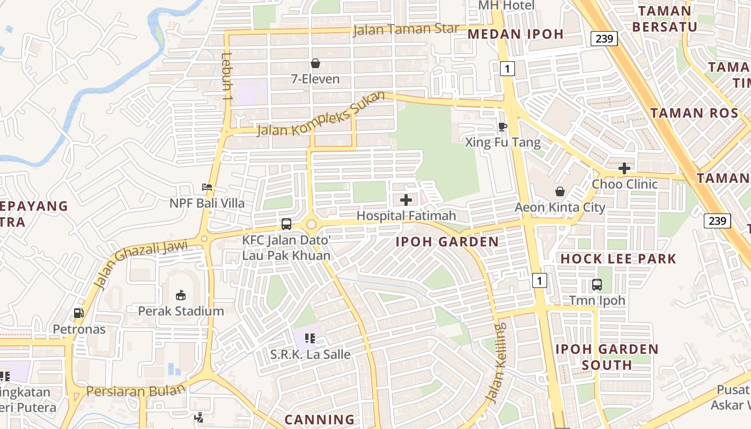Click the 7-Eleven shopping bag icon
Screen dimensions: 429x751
tap(315, 64)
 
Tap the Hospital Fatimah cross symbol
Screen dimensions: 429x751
tap(406, 200)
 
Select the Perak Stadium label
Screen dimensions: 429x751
tap(181, 311)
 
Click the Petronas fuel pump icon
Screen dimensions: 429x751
tap(78, 313)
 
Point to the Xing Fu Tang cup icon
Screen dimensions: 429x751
tap(502, 127)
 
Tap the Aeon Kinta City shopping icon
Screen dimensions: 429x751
tap(560, 191)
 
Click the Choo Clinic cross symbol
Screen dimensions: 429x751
tap(624, 168)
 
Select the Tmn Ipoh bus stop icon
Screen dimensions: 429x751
tap(597, 285)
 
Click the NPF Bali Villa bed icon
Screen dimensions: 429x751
tap(207, 187)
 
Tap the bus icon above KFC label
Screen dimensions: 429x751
tap(286, 224)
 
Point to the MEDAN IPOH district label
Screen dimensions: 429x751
tap(516, 34)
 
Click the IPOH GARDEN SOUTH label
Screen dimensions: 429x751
tap(607, 357)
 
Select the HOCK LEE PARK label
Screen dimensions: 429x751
tap(619, 259)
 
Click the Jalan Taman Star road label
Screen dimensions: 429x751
tap(406, 29)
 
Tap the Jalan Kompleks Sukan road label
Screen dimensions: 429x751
tap(321, 115)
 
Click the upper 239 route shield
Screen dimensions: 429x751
tap(605, 39)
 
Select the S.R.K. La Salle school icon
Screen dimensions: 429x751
tap(310, 338)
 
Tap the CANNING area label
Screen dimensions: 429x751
tap(319, 419)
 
